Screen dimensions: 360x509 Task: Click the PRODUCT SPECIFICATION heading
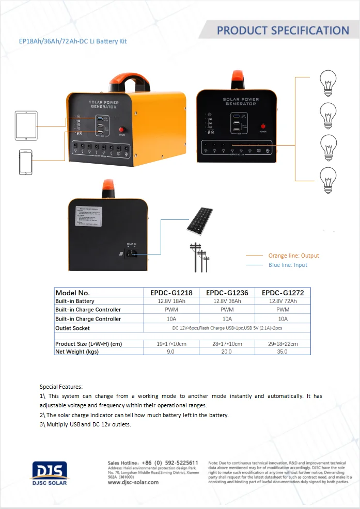pyautogui.click(x=283, y=30)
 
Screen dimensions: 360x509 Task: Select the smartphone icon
pyautogui.click(x=26, y=162)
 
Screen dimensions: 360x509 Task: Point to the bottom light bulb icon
pyautogui.click(x=327, y=180)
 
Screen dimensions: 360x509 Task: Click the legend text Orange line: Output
pyautogui.click(x=293, y=256)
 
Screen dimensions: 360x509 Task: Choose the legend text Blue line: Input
pyautogui.click(x=288, y=265)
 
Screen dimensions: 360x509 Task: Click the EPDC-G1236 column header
pyautogui.click(x=227, y=293)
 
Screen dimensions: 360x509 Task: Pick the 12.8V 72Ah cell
pyautogui.click(x=283, y=301)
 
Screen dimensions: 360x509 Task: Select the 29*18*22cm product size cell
pyautogui.click(x=283, y=344)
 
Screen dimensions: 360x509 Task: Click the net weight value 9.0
pyautogui.click(x=170, y=352)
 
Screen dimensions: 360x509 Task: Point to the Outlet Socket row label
pyautogui.click(x=72, y=328)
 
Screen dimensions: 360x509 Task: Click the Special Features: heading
pyautogui.click(x=61, y=386)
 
